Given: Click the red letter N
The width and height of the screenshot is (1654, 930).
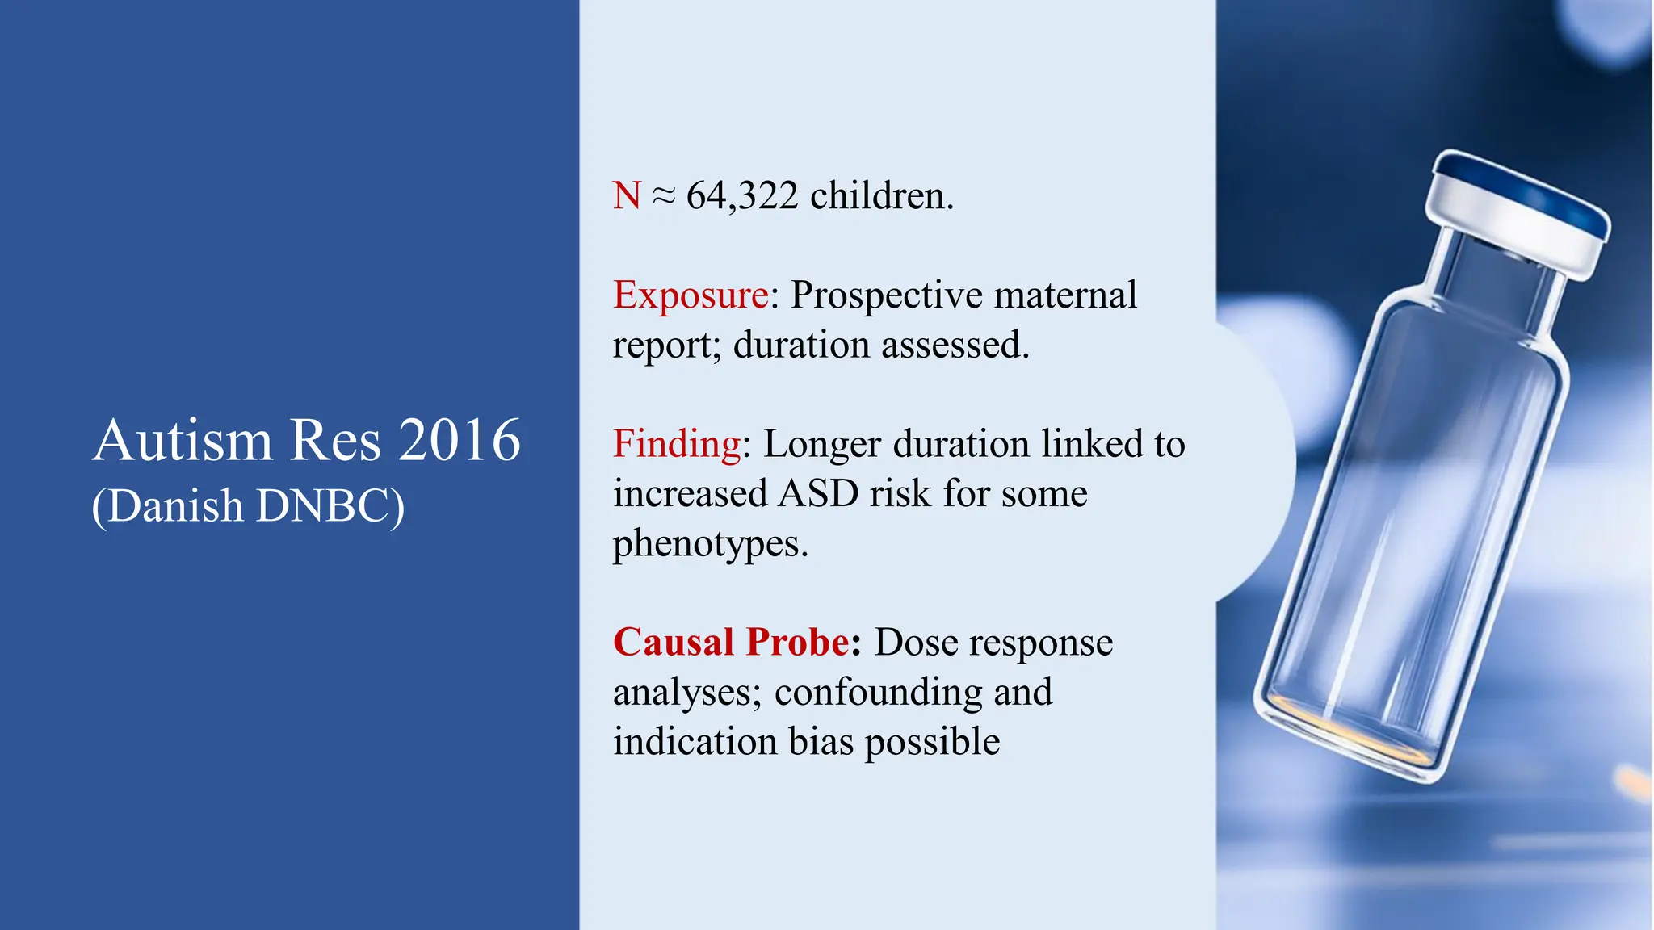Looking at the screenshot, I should (x=627, y=196).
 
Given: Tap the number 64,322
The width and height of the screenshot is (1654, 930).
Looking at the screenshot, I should (x=742, y=196).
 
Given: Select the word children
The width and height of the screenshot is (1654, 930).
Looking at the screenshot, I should (x=881, y=196).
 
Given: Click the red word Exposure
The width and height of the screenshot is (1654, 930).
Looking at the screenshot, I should (x=691, y=295).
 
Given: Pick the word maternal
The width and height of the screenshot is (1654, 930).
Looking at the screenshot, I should (x=1065, y=295).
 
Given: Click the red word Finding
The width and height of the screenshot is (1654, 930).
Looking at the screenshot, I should (x=677, y=444).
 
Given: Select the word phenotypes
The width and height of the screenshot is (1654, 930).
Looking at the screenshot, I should (x=710, y=544).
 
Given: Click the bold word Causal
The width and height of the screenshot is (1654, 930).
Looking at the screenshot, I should (x=674, y=643).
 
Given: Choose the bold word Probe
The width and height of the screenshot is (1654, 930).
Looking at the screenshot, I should (x=798, y=643).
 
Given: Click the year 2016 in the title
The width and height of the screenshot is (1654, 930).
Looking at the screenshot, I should (x=460, y=441).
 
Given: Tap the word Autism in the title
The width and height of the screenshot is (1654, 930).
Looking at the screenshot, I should (x=183, y=441).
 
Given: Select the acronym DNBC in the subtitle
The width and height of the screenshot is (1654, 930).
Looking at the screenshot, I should (x=330, y=506).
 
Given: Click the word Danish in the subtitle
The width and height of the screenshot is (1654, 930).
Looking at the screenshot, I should (x=174, y=506).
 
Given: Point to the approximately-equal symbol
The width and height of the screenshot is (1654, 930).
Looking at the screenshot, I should (x=663, y=196).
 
